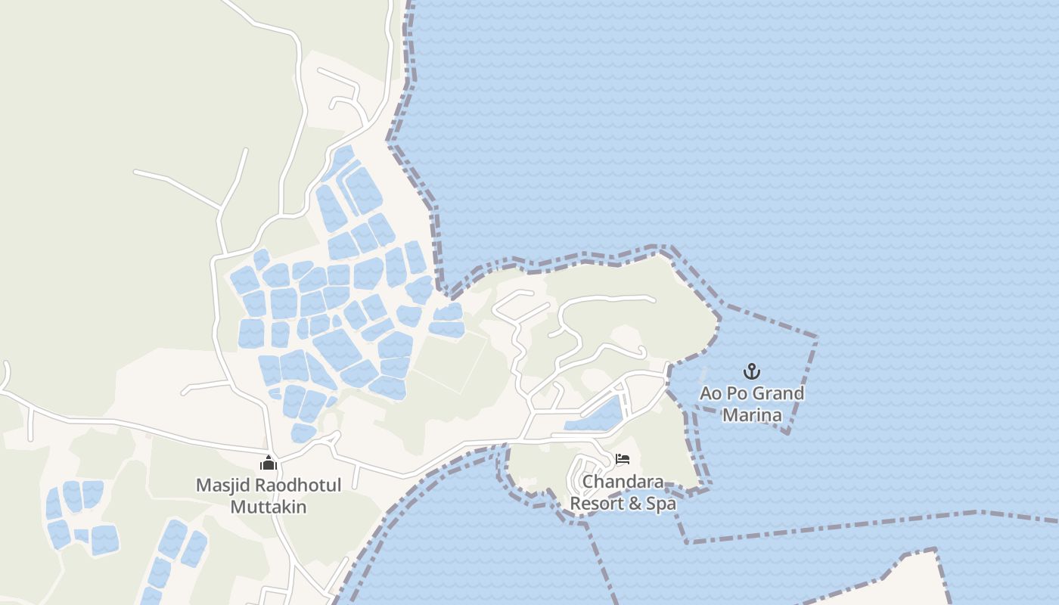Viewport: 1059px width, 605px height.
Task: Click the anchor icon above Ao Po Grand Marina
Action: point(751,371)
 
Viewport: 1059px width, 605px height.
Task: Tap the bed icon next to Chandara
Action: point(623,459)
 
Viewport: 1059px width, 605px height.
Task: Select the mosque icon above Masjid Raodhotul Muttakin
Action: point(269,464)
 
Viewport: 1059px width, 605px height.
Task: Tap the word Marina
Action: point(752,414)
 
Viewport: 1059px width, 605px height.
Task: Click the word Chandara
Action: point(623,482)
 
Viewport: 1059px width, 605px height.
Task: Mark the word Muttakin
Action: point(269,506)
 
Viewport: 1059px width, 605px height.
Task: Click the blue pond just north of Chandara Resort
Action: point(598,417)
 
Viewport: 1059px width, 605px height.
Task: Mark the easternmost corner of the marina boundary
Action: point(817,337)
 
